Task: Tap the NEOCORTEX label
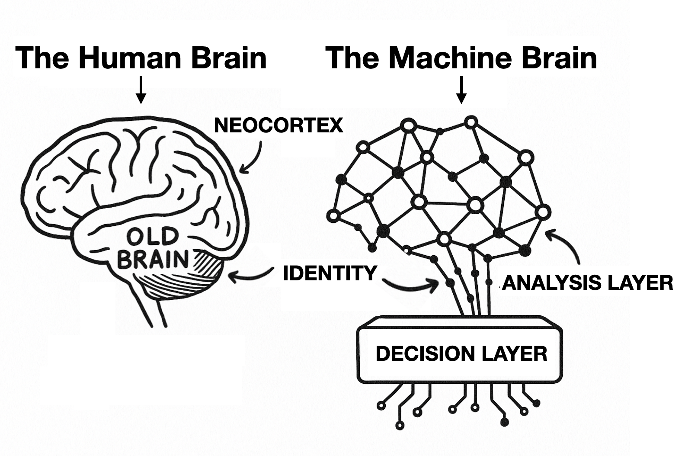[278, 125]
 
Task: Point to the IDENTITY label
[330, 273]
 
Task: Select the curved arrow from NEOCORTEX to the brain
[254, 158]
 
